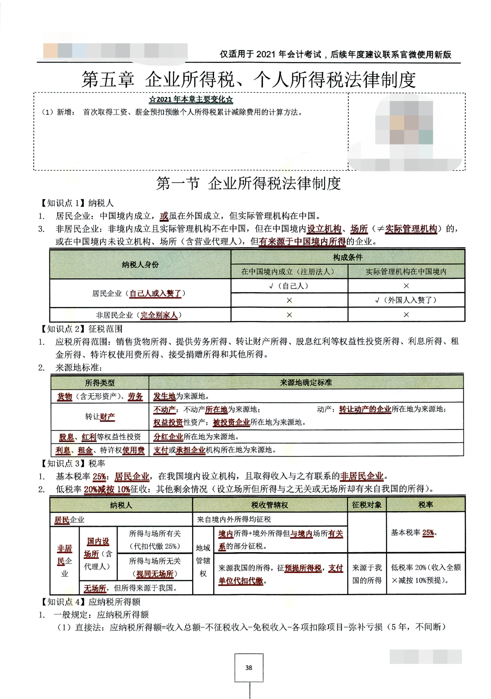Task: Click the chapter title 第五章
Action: tap(108, 80)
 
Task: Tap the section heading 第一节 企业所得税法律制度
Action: tap(248, 183)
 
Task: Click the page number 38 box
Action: tap(249, 668)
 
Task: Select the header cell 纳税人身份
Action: tap(140, 264)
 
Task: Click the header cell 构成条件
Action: tap(348, 257)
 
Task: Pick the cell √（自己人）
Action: tap(289, 286)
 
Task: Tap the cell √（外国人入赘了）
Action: tap(406, 300)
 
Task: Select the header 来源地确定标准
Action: tap(306, 382)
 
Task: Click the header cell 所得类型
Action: tap(100, 383)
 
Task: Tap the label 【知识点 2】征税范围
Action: tap(82, 329)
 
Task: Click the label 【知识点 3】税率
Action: tap(73, 463)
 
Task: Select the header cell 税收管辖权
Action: tap(270, 505)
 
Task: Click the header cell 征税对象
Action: tap(367, 505)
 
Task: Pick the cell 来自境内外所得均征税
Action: tap(234, 519)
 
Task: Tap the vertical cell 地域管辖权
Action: tap(203, 561)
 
